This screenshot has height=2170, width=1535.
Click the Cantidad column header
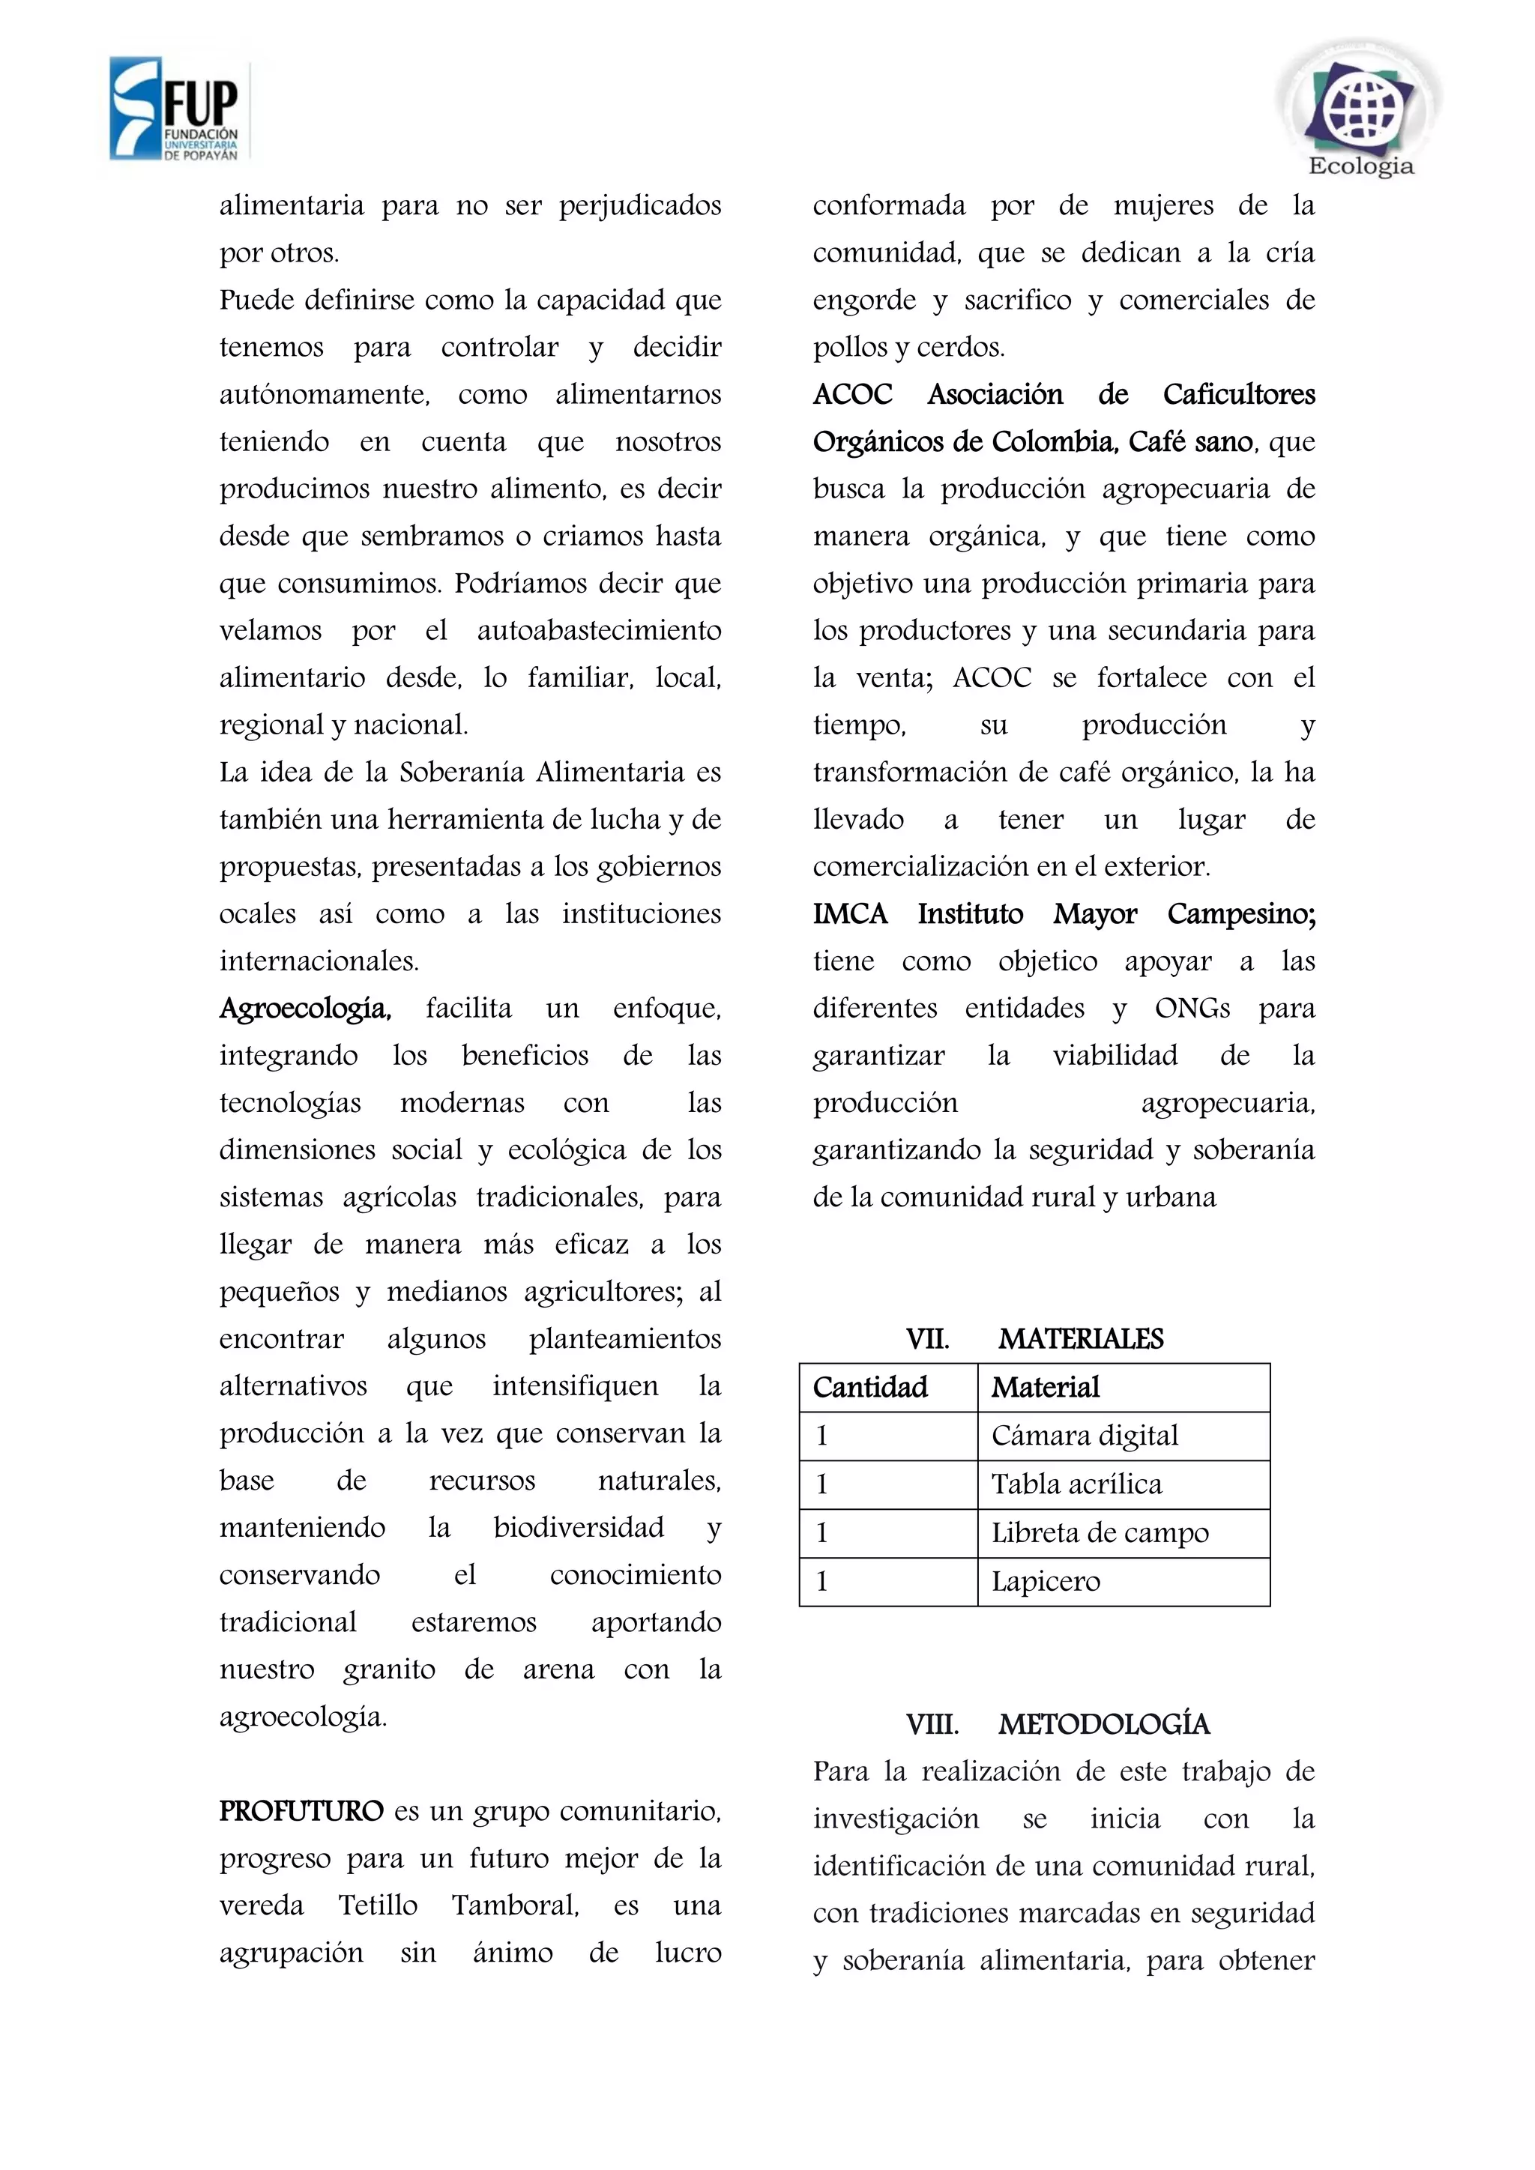tap(869, 1388)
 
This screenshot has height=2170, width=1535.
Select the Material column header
tap(1046, 1388)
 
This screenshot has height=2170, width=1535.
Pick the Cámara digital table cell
tap(1084, 1436)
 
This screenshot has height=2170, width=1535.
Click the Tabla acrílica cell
tap(1076, 1484)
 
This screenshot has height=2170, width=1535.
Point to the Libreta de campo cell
tap(1100, 1532)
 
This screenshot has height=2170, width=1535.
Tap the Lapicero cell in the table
tap(1046, 1581)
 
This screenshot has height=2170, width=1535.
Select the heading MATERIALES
tap(1080, 1338)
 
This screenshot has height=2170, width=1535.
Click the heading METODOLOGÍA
tap(1103, 1724)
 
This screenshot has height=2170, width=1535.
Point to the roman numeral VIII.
tap(932, 1724)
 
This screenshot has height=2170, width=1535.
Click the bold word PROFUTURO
tap(301, 1811)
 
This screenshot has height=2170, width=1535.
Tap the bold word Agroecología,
tap(304, 1009)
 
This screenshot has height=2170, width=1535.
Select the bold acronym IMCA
tap(850, 914)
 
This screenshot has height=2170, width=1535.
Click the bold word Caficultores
tap(1238, 394)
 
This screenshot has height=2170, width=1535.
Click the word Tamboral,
tap(515, 1905)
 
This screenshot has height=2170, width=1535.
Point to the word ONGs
tap(1192, 1009)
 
